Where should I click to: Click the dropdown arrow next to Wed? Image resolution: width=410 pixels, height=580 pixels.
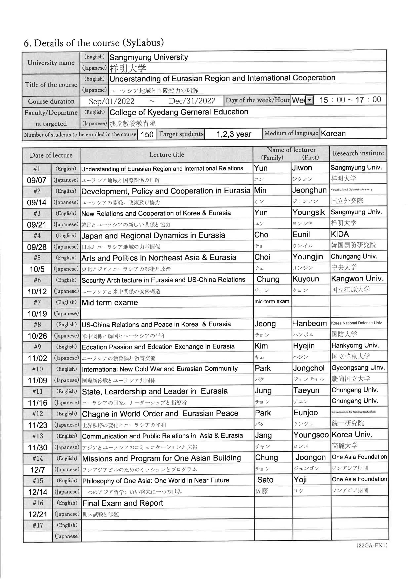(310, 100)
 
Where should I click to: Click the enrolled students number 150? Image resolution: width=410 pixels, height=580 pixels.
(147, 134)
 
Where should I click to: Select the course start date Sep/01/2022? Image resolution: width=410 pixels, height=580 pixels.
(112, 101)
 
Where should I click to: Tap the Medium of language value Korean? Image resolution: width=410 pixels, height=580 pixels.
(333, 133)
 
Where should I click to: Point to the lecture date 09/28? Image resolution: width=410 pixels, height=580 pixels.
(37, 247)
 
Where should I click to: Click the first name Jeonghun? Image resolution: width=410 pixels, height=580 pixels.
(309, 190)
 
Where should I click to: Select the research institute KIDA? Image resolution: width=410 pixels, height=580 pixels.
(340, 234)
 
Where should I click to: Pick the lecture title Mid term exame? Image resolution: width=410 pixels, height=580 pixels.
(110, 302)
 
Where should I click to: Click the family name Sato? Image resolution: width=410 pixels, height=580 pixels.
(265, 480)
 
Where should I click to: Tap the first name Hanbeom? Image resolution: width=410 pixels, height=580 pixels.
(310, 324)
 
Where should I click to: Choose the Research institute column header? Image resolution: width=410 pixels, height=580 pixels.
(358, 153)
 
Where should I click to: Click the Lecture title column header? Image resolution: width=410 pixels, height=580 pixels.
(166, 155)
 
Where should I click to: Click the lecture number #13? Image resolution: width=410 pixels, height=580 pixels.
(38, 436)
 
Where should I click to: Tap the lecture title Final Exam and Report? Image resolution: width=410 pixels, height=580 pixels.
(123, 503)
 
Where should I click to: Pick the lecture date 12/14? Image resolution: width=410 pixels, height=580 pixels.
(38, 492)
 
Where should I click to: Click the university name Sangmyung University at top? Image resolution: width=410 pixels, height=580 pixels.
(149, 57)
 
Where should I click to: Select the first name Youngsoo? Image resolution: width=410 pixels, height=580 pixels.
(311, 435)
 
